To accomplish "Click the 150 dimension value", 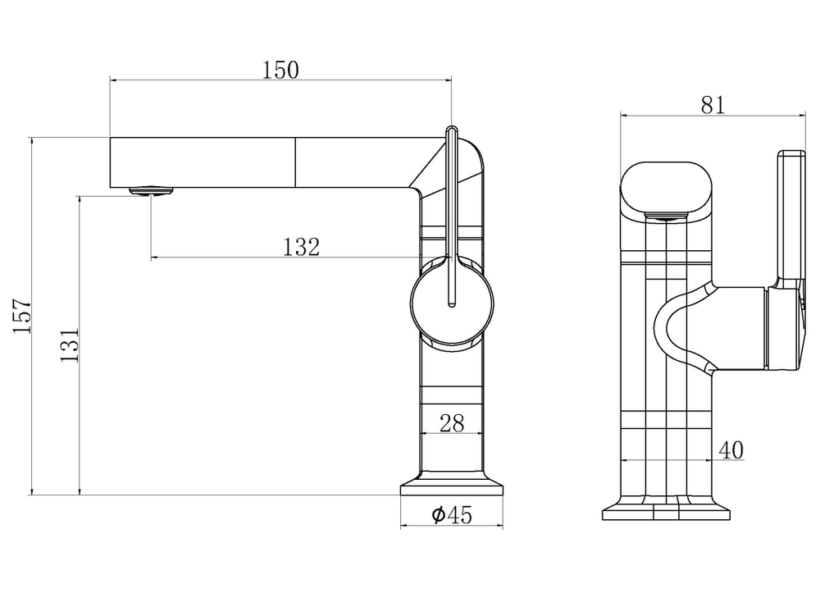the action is coord(280,70).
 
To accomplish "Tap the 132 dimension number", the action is coord(301,247).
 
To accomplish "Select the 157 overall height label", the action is coord(22,316).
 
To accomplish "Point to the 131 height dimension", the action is coord(69,345).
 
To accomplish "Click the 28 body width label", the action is coord(452,423).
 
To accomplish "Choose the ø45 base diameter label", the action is coord(452,514).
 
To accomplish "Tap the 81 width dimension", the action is coord(713,105).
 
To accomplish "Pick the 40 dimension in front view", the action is coord(731,449).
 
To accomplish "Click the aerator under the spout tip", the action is coord(151,191).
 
